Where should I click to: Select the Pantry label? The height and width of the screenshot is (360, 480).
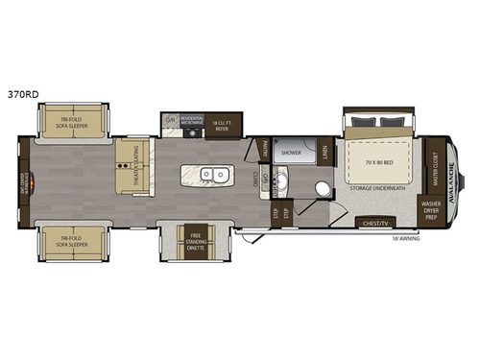pos(265,149)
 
